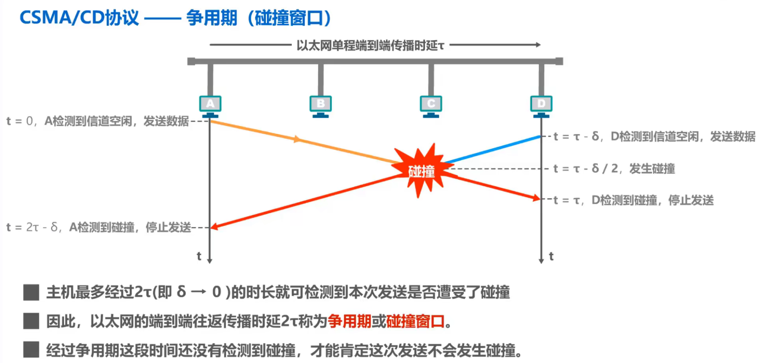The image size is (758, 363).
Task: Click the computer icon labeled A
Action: tap(210, 105)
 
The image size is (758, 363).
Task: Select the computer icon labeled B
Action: tap(320, 105)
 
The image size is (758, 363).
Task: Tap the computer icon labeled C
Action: tap(431, 105)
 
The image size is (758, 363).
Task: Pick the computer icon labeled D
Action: tap(541, 105)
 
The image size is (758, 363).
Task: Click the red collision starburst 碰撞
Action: tap(422, 171)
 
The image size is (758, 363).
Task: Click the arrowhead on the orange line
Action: tap(297, 140)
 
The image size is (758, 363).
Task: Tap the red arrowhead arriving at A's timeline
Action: tap(214, 227)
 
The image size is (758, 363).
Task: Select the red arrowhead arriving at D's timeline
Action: tap(536, 198)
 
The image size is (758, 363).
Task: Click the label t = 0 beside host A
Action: tap(19, 121)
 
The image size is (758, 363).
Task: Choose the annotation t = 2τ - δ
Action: tap(33, 227)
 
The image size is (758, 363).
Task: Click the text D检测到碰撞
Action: tap(624, 200)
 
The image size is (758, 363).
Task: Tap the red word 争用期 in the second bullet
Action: tap(349, 322)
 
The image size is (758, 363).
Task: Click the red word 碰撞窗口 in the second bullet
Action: tap(415, 322)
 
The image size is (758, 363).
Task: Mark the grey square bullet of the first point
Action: tap(31, 292)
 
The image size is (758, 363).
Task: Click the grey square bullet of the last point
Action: tap(31, 350)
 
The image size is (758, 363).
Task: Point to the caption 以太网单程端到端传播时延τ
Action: tap(370, 45)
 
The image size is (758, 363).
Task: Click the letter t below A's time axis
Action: tap(199, 256)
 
